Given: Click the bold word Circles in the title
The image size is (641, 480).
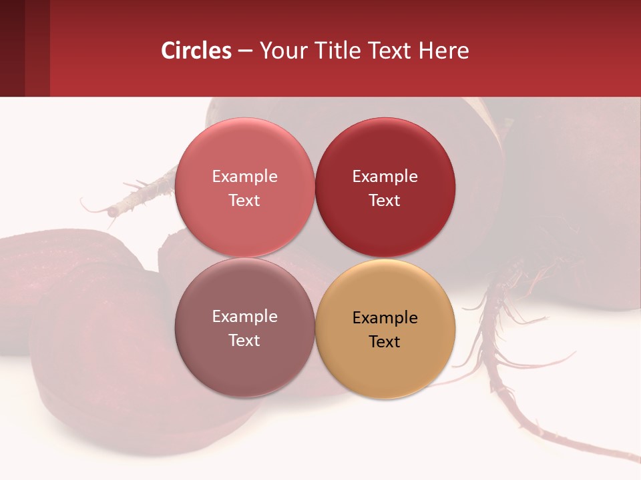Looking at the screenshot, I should click(x=196, y=51).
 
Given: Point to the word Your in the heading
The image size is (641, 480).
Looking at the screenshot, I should click(x=284, y=51).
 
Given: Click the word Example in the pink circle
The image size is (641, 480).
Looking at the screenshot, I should click(x=244, y=176).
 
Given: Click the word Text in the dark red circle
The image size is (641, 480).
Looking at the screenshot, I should click(x=385, y=200).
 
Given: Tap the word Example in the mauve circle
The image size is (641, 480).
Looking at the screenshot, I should click(x=244, y=316).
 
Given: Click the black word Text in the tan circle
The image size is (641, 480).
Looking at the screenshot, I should click(x=385, y=341).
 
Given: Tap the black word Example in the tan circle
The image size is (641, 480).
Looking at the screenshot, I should click(x=385, y=317).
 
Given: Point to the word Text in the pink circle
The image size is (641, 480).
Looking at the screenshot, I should click(x=244, y=200).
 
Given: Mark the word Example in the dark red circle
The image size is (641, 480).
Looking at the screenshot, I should click(x=385, y=176).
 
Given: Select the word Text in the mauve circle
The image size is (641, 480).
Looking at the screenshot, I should click(x=244, y=340).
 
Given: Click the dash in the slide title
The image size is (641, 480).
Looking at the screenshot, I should click(x=245, y=51).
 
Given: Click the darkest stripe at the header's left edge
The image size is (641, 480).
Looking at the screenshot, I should click(x=12, y=48).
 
